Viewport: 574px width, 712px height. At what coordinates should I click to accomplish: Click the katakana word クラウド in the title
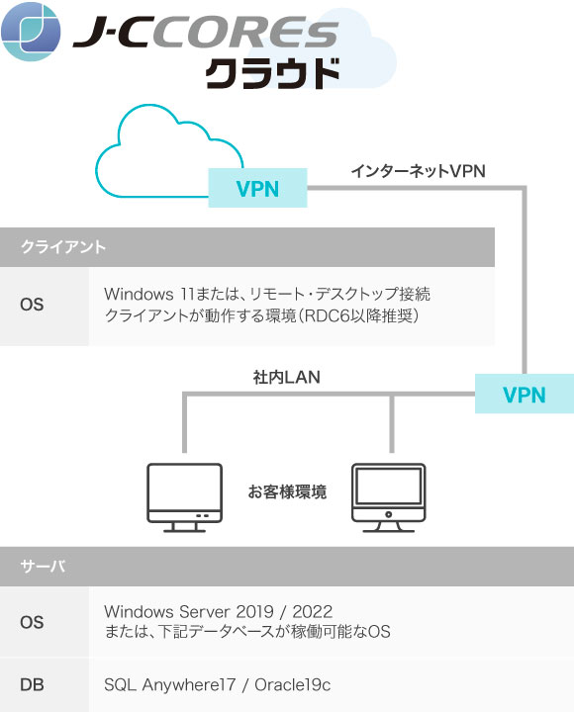(x=273, y=74)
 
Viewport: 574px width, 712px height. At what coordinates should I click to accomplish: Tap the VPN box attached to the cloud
(x=257, y=188)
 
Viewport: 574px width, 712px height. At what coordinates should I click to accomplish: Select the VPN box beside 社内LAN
(x=524, y=394)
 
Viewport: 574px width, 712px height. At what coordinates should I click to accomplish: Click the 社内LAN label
(x=287, y=377)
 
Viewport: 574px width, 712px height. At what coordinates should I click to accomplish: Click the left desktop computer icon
(x=184, y=493)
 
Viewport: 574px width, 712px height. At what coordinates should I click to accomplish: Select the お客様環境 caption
(x=287, y=490)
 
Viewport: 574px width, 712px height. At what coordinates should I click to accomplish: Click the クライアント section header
(x=63, y=247)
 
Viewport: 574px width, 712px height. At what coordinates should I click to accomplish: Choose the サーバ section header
(x=44, y=567)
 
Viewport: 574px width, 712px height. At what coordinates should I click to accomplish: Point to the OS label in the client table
(x=32, y=305)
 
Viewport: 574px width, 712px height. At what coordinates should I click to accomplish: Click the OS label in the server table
(x=32, y=622)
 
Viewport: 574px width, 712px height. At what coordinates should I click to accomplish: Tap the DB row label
(x=32, y=684)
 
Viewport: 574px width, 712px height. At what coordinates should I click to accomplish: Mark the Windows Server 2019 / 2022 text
(x=218, y=612)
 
